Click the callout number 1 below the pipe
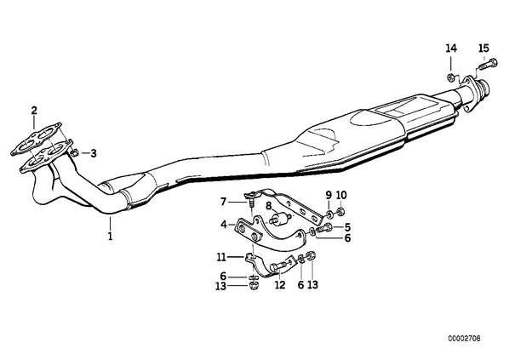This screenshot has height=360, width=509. coord(111,236)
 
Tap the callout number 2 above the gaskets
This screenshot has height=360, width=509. coord(34,111)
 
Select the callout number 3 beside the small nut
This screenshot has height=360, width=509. coord(94,153)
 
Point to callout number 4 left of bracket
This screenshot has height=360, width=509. coord(224,224)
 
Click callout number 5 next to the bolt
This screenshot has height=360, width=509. coord(347,226)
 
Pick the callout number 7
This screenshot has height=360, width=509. coord(223,203)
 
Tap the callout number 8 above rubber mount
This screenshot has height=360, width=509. coord(268,206)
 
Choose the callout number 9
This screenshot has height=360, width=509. coord(329,195)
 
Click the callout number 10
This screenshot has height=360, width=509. coord(341,195)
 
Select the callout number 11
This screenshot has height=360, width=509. coord(221,257)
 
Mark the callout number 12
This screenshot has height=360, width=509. coord(280,285)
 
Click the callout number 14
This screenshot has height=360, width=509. coord(451,49)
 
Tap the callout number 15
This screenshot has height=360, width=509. coord(483,49)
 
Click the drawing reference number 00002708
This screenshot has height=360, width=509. coord(464,339)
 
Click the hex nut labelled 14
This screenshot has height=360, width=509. coord(450,77)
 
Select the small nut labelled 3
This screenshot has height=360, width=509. coord(74,152)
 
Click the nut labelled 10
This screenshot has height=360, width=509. coord(340,212)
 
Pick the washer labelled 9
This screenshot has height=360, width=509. coord(329,214)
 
